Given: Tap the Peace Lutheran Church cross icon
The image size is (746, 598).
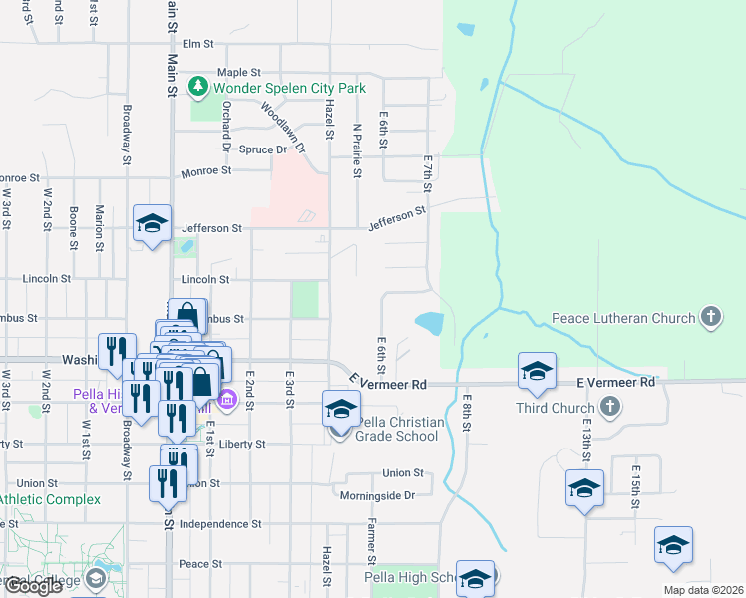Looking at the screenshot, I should coord(710,318).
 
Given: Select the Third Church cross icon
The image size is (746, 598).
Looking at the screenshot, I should coord(610,408).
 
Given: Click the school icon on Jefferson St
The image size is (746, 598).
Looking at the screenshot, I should coord(153,224).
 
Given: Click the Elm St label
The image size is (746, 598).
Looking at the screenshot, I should coord(198,44).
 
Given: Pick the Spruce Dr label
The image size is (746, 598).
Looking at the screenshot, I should coord(266,149).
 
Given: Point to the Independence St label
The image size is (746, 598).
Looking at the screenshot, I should coord(220,523).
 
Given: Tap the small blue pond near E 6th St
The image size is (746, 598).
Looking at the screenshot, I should coord(429,323).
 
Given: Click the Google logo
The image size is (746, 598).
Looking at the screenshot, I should coord(33,586).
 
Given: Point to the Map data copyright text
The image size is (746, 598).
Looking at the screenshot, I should coord(702,590).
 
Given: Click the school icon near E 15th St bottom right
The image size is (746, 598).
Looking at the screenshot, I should coord(673,546).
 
